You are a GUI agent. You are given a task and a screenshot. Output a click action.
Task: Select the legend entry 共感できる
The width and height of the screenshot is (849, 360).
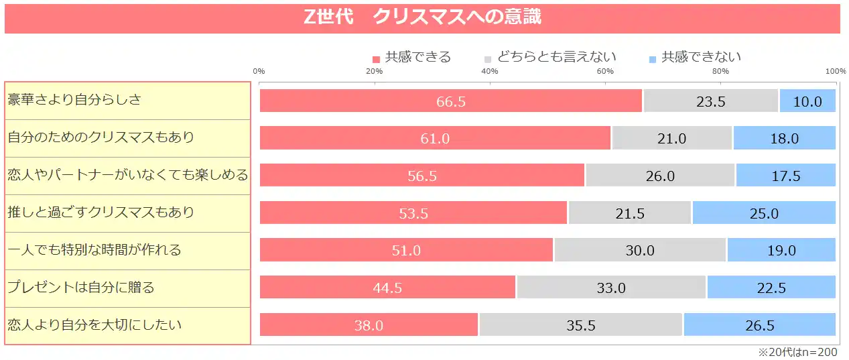[x=411, y=57]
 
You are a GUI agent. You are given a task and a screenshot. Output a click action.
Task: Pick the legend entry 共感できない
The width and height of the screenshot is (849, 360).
[x=696, y=57]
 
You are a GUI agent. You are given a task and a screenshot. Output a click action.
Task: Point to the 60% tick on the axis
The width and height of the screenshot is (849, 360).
[x=605, y=72]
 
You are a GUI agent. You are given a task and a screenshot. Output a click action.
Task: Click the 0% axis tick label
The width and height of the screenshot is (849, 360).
[x=259, y=72]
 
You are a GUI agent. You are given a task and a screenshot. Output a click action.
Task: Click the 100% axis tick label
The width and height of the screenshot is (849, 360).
[x=835, y=72]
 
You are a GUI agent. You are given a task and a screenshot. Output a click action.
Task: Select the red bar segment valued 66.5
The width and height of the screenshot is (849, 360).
[x=450, y=101]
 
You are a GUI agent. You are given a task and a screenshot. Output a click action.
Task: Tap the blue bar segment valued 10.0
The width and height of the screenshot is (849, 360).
[x=807, y=101]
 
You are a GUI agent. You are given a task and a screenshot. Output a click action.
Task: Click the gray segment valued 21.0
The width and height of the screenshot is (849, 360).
[x=672, y=139]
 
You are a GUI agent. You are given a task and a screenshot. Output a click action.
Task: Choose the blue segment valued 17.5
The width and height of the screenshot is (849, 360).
[x=786, y=176]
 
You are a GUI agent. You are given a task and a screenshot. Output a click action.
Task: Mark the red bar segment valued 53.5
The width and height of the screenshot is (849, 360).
[x=413, y=214]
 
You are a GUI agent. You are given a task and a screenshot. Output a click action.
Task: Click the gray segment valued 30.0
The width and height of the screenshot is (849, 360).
[x=640, y=251]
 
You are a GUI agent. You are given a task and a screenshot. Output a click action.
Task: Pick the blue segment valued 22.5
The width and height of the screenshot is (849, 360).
[x=771, y=289]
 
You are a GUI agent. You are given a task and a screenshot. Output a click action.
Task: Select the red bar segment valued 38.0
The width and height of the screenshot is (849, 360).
[x=369, y=326]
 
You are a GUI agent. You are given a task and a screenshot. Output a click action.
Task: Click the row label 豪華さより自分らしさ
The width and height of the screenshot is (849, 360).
[x=74, y=101]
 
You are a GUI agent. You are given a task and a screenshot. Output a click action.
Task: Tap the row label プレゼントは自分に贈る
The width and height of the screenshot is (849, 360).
[x=81, y=288]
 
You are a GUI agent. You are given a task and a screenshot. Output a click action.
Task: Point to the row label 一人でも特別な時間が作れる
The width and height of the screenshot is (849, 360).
[x=94, y=251]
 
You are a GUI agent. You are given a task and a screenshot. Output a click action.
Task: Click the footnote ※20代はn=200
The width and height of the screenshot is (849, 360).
[x=797, y=352]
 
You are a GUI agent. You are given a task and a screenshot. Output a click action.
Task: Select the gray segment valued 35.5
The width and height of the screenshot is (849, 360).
[x=581, y=326]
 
